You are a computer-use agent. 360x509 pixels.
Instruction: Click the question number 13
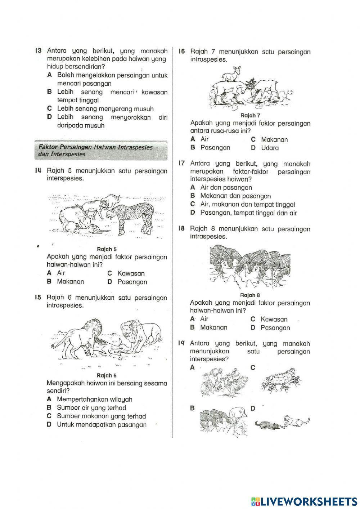pyautogui.click(x=39, y=51)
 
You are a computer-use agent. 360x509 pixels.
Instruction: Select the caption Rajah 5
pyautogui.click(x=107, y=249)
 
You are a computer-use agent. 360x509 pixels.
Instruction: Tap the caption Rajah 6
pyautogui.click(x=107, y=375)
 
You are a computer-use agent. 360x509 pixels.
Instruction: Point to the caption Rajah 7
pyautogui.click(x=250, y=115)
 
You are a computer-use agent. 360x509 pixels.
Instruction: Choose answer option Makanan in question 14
pyautogui.click(x=70, y=282)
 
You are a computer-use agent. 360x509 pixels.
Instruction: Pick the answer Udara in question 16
pyautogui.click(x=270, y=148)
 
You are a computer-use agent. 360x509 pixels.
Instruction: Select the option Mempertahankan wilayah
pyautogui.click(x=94, y=399)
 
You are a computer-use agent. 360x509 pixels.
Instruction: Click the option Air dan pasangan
pyautogui.click(x=226, y=187)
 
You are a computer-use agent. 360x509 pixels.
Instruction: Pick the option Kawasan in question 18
pyautogui.click(x=274, y=319)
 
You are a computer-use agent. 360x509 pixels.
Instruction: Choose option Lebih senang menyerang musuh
pyautogui.click(x=105, y=109)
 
